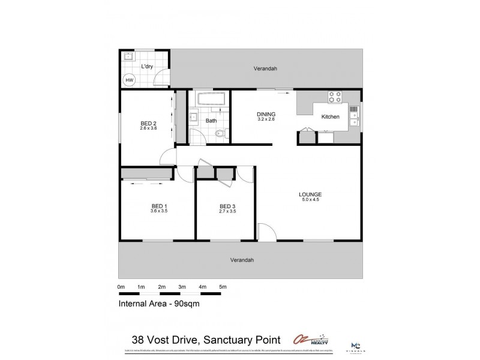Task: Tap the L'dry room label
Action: coord(146,67)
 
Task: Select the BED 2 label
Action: coord(148,122)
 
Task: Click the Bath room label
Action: coord(211,121)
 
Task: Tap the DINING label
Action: coord(266,114)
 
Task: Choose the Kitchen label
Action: coord(331,116)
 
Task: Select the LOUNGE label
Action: coord(311,194)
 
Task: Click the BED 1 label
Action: coord(159,206)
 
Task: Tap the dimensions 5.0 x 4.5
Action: coord(311,201)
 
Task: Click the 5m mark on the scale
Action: coord(223,287)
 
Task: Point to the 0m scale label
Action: coord(121,287)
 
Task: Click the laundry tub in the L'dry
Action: coord(128,58)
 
